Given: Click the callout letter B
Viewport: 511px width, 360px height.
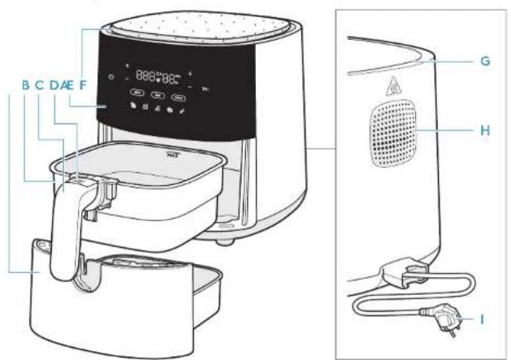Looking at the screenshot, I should point(25,83).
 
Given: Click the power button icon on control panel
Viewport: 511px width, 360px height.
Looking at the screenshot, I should point(110,77).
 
